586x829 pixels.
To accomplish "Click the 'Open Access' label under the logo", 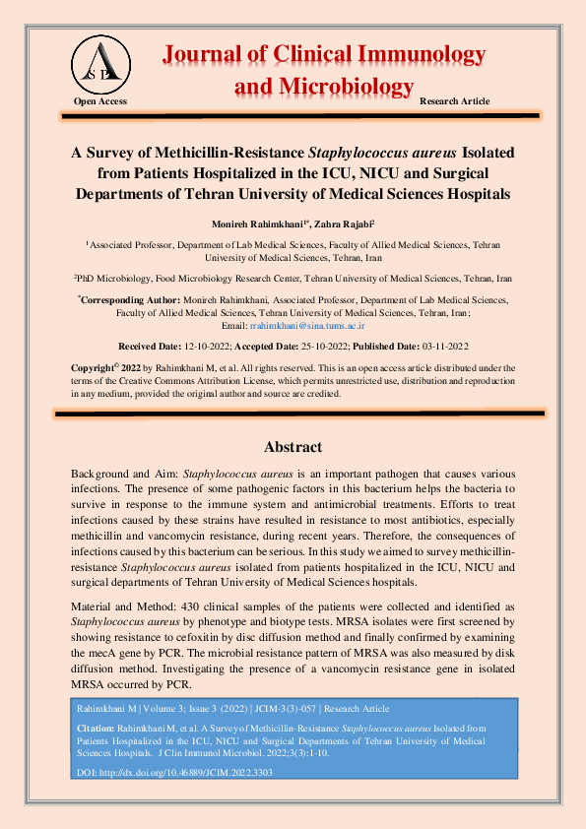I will [100, 102].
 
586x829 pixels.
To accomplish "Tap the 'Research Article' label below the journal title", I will [454, 102].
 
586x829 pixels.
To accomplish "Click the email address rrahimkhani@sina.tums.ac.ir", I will [307, 324].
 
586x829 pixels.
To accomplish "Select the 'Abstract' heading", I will [293, 446].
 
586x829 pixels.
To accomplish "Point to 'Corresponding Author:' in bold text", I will [130, 299].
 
